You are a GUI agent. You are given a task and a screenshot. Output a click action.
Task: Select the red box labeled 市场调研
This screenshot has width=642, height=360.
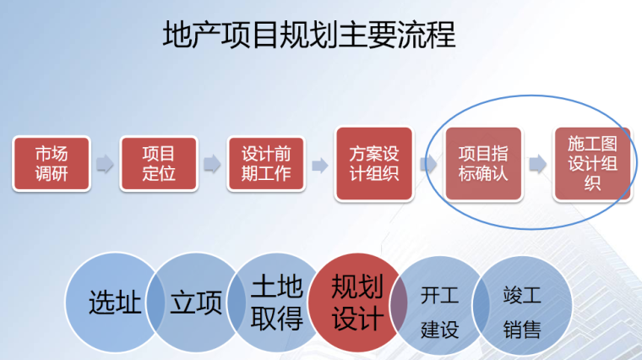(51, 163)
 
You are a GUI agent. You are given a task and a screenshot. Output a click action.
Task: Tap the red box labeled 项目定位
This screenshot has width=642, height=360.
(158, 163)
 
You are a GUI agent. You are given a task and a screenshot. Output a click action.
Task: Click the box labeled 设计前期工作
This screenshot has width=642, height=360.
(266, 163)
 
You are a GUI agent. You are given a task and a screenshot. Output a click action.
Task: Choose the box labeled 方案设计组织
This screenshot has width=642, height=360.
(373, 163)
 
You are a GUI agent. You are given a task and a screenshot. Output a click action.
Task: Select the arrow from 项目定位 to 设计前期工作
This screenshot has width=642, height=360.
(212, 163)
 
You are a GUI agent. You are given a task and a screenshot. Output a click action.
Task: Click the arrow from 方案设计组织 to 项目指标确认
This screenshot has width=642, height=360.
(427, 163)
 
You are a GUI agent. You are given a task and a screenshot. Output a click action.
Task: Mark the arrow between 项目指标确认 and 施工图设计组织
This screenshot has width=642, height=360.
(537, 163)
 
